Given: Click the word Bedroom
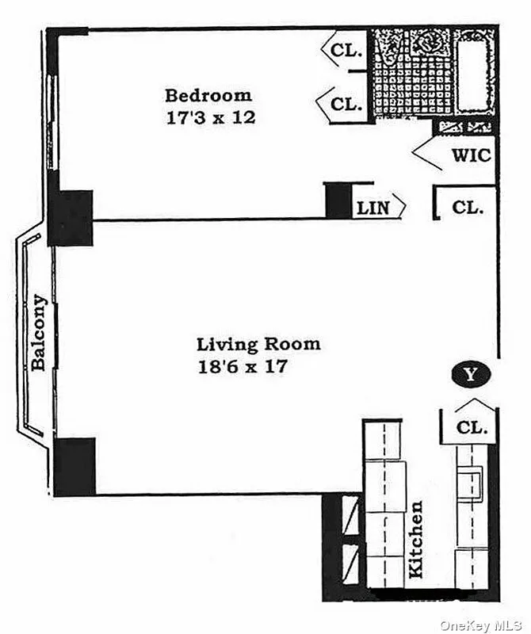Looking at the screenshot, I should pos(208,96).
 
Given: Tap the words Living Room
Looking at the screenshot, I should pos(258,345).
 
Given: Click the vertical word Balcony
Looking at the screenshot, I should pos(38,333).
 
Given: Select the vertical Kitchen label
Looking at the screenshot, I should pos(417,539).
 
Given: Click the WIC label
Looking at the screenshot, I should pos(471,155).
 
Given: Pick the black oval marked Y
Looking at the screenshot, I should pos(471,373).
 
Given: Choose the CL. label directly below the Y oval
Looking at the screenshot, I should pos(473,428).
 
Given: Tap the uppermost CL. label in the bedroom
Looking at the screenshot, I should pos(346,51).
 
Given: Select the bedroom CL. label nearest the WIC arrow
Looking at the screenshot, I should pos(346,104).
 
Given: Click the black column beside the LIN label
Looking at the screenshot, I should pos(338,199).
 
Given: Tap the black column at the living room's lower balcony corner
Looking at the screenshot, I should pos(75,467).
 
